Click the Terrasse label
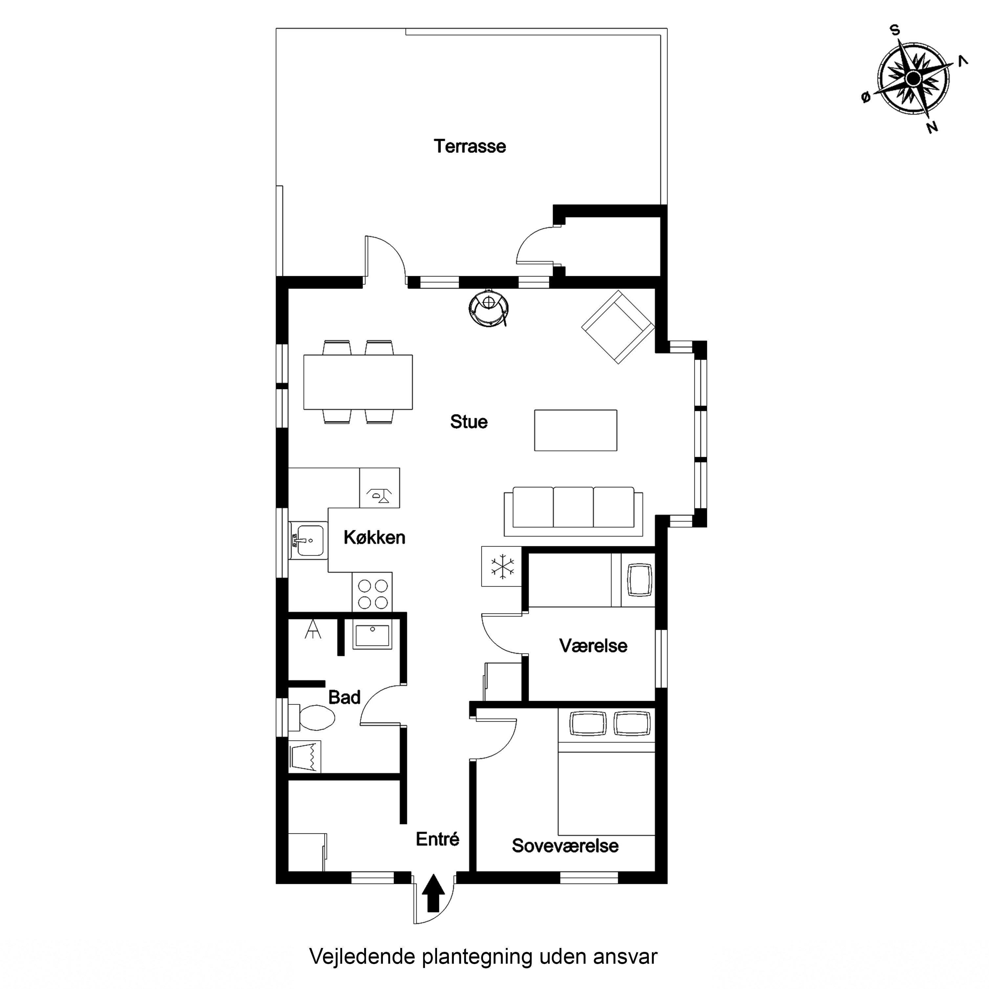[x=470, y=146]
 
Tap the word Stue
[x=469, y=422]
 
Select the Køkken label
[x=374, y=538]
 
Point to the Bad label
[x=344, y=697]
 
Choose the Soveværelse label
[x=565, y=846]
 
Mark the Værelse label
[x=593, y=646]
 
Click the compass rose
[x=913, y=79]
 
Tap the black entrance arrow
[x=433, y=893]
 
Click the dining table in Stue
[x=358, y=382]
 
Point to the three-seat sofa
[x=573, y=511]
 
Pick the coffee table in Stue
[x=575, y=430]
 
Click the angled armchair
[x=618, y=327]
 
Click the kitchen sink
[x=308, y=540]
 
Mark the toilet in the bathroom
[x=311, y=717]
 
